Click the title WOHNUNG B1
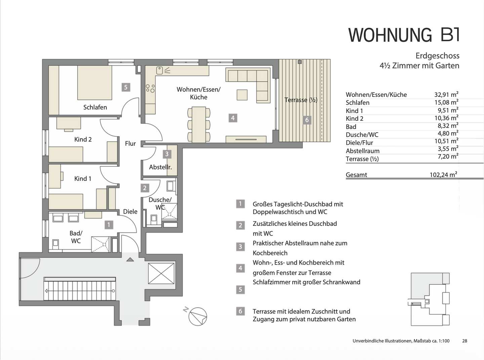click(x=404, y=35)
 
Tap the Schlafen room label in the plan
click(x=95, y=107)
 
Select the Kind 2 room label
click(x=83, y=139)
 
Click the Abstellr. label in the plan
click(x=160, y=167)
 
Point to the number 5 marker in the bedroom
click(x=126, y=87)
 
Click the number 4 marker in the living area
click(x=233, y=118)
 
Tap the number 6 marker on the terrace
click(x=307, y=120)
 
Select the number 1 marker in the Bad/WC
click(x=109, y=224)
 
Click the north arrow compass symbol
click(x=197, y=316)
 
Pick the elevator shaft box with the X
click(x=161, y=274)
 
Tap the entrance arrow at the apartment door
click(x=130, y=259)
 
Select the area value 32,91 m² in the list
click(x=446, y=95)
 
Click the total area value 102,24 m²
click(x=443, y=175)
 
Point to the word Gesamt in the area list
click(x=356, y=175)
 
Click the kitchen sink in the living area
click(x=160, y=70)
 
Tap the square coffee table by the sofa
click(x=242, y=95)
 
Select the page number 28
click(x=465, y=341)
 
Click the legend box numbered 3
click(x=240, y=247)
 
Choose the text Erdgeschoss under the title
click(x=437, y=56)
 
